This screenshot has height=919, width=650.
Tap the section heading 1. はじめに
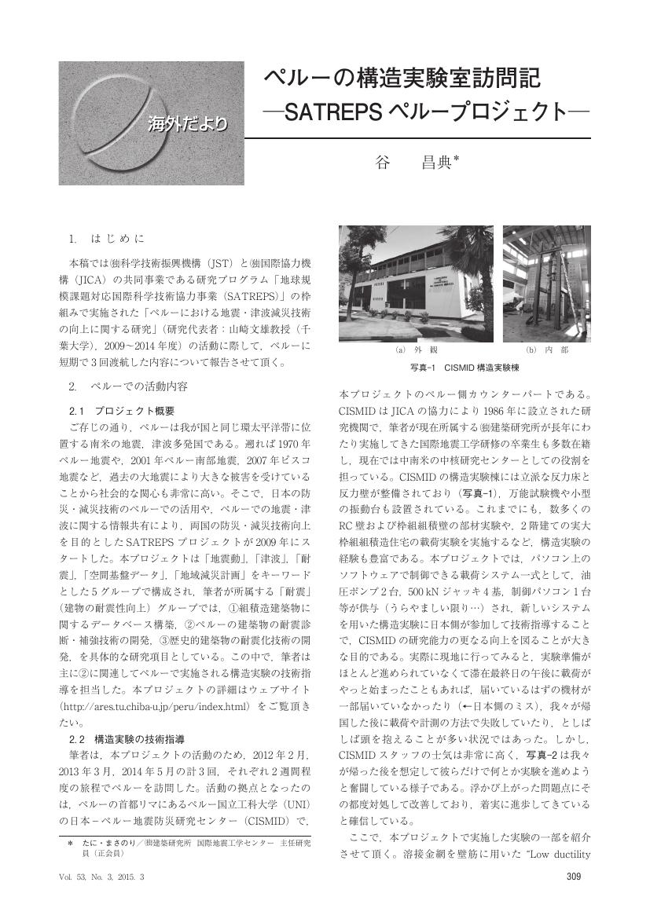coord(107,237)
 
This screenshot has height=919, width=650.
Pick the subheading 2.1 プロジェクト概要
coord(122,411)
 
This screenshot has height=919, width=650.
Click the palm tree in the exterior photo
coord(358,267)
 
